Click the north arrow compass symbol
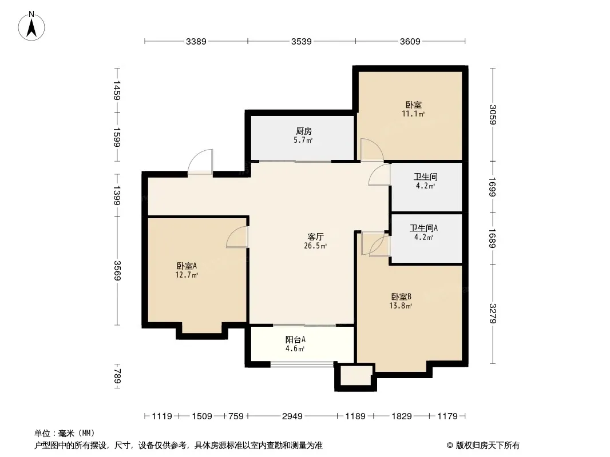click(x=31, y=26)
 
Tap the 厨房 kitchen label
click(x=303, y=131)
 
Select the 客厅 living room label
click(x=315, y=236)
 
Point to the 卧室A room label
click(x=187, y=266)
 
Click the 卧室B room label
click(x=401, y=296)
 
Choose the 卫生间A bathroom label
click(x=423, y=228)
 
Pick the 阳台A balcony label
click(x=295, y=339)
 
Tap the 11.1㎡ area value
click(x=413, y=114)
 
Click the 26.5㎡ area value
click(x=315, y=246)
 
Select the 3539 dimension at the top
click(x=302, y=41)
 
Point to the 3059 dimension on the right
click(x=493, y=115)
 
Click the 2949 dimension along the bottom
click(x=292, y=416)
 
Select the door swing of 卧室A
click(x=237, y=237)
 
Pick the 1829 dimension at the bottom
click(x=402, y=416)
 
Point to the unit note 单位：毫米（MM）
click(x=65, y=434)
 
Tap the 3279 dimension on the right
click(x=493, y=314)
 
